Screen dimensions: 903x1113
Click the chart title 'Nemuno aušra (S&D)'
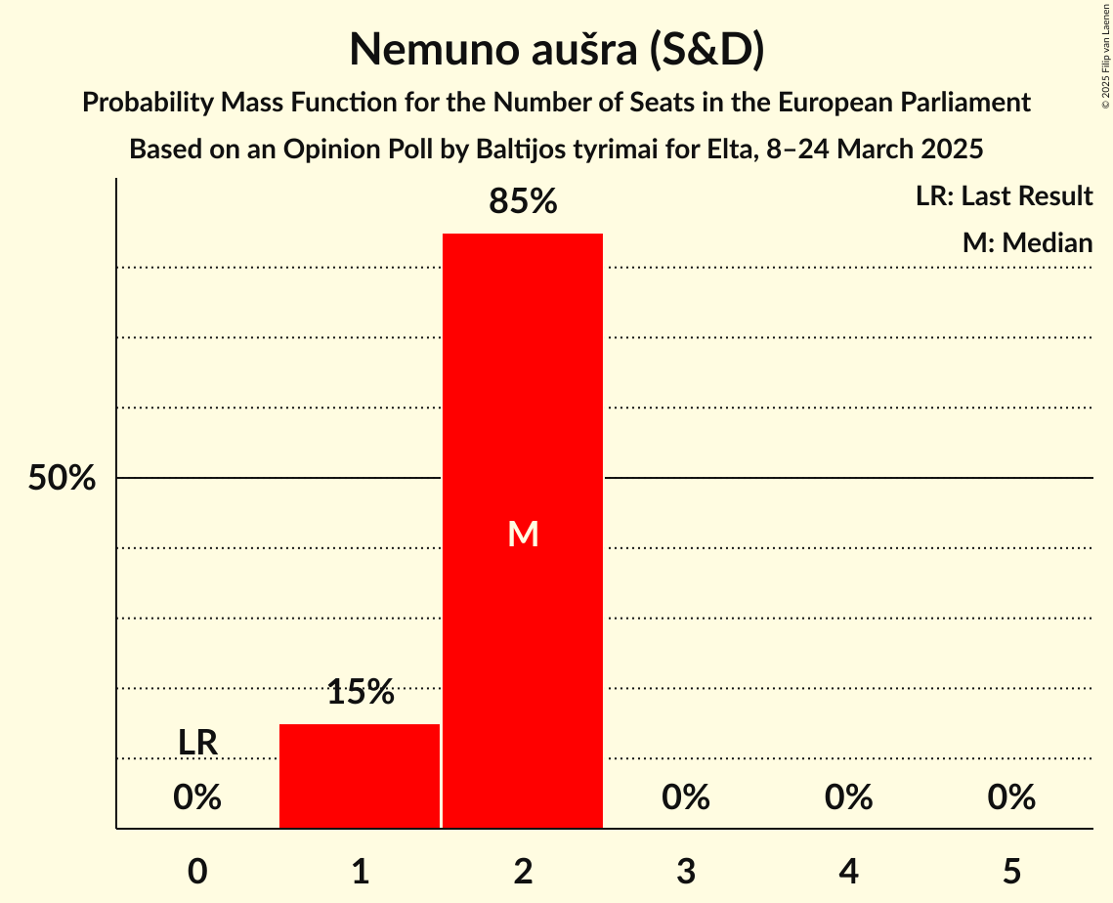tap(556, 50)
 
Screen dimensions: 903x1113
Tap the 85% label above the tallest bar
tap(523, 202)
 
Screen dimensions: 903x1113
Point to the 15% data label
tap(360, 693)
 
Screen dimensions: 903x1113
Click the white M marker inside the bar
tap(523, 534)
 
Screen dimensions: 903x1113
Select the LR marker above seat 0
tap(197, 743)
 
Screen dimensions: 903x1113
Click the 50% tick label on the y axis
tap(62, 479)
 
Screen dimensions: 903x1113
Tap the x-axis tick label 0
tap(197, 871)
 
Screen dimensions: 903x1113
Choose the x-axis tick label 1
tap(360, 871)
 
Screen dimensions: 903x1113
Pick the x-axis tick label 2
tap(523, 871)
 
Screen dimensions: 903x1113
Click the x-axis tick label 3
tap(686, 871)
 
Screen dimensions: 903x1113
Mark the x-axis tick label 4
tap(848, 871)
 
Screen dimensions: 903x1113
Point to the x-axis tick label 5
tap(1011, 871)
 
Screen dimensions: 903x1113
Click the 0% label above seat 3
tap(686, 798)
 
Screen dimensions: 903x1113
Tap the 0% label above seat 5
tap(1011, 798)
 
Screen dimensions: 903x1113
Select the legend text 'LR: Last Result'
tap(1004, 196)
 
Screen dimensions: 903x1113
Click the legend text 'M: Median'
tap(1027, 242)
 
